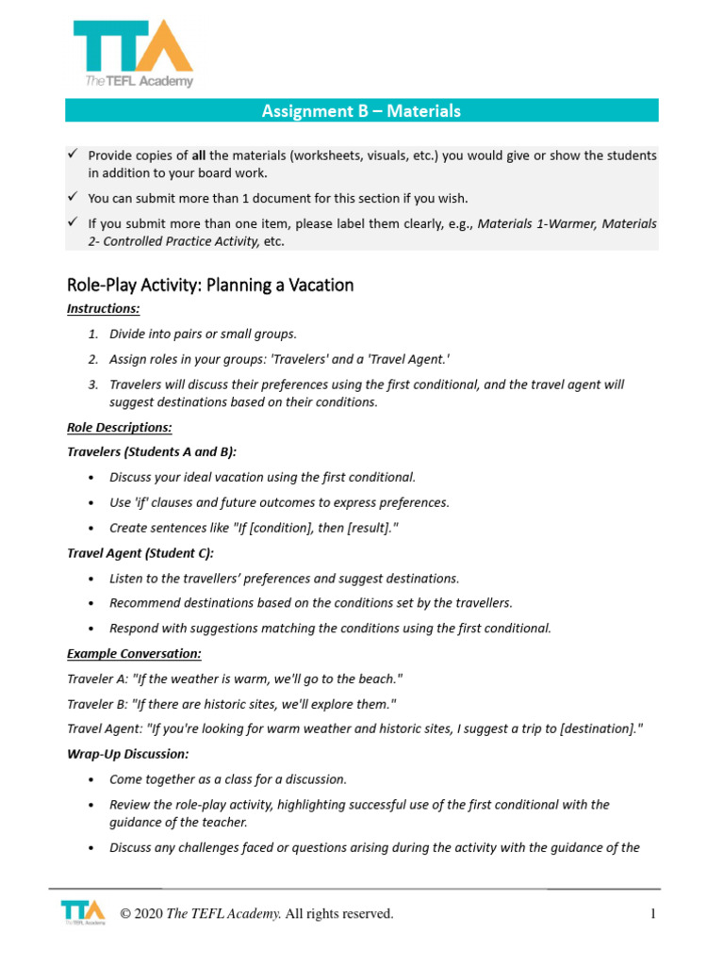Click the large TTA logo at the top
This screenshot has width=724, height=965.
[x=133, y=54]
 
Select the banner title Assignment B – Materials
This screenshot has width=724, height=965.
[x=361, y=111]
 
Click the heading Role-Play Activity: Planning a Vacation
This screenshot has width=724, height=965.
[x=210, y=285]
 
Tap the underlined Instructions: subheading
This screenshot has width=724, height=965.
[x=104, y=309]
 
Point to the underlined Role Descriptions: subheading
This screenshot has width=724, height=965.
[x=119, y=427]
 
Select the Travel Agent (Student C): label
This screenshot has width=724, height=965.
[x=140, y=553]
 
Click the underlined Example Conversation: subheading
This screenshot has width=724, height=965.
[x=134, y=653]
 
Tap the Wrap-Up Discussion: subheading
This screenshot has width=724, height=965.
[x=127, y=754]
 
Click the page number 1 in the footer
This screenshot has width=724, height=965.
[x=651, y=914]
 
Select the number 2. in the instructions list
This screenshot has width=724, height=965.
[x=93, y=359]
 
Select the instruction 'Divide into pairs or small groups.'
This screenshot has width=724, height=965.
[x=203, y=334]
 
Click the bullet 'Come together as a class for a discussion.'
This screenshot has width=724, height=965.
[x=228, y=779]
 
